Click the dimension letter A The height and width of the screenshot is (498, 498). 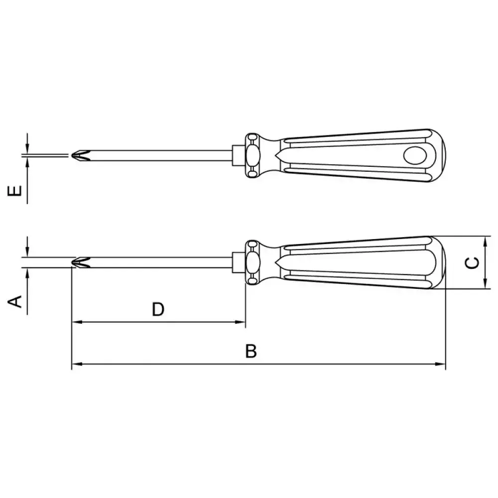pyautogui.click(x=14, y=301)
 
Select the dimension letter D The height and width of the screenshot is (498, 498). pyautogui.click(x=158, y=309)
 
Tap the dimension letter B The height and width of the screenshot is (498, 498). pyautogui.click(x=251, y=351)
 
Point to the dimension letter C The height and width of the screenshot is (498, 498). pyautogui.click(x=472, y=262)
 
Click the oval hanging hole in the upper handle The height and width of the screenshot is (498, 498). pyautogui.click(x=415, y=155)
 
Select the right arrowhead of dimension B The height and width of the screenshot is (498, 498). pyautogui.click(x=441, y=364)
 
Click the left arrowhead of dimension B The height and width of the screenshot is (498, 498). pyautogui.click(x=77, y=364)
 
